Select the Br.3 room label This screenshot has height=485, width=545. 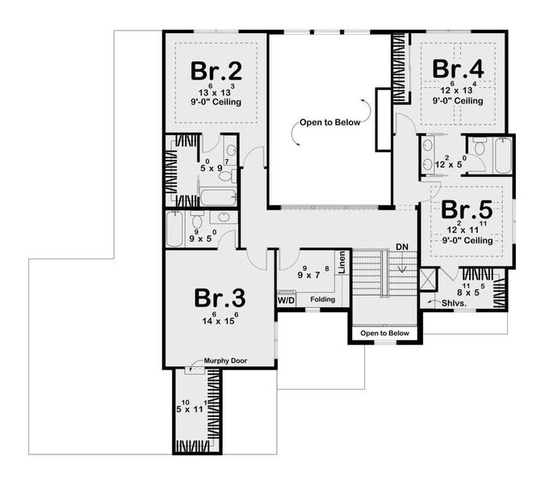point(220,298)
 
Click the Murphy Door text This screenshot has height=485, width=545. point(224,361)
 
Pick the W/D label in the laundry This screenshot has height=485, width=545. point(286,300)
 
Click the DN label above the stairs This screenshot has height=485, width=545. point(402,246)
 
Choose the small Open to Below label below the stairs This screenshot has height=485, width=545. point(384,333)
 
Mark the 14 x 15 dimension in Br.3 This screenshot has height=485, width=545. point(219,321)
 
